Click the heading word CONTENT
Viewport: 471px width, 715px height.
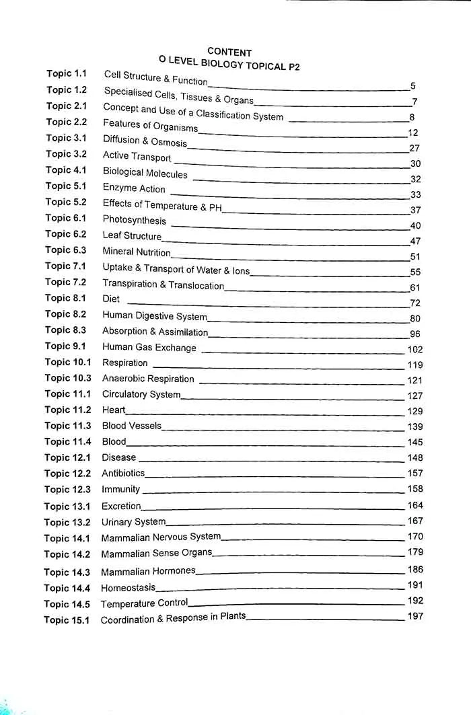(x=229, y=52)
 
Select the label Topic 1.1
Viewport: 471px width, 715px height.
(x=67, y=73)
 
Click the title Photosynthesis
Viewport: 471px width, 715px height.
(x=134, y=220)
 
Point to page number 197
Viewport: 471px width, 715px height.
(x=415, y=616)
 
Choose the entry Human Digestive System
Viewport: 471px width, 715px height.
(x=154, y=315)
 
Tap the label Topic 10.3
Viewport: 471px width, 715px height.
(x=67, y=378)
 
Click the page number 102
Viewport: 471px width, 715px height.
(x=415, y=349)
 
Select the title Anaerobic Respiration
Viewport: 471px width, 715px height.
(x=148, y=379)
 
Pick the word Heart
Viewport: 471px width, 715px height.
(x=114, y=410)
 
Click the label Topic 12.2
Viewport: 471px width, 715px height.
(x=67, y=474)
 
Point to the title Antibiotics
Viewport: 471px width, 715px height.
(x=123, y=473)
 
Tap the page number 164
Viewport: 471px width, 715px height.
(x=415, y=505)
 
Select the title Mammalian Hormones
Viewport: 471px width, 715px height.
(x=148, y=571)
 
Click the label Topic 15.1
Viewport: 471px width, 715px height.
(x=67, y=620)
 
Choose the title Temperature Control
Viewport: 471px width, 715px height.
(x=144, y=603)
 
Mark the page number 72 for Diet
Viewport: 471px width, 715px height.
(x=415, y=303)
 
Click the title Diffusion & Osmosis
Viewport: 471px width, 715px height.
(x=145, y=141)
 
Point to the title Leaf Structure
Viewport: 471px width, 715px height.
(x=132, y=235)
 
